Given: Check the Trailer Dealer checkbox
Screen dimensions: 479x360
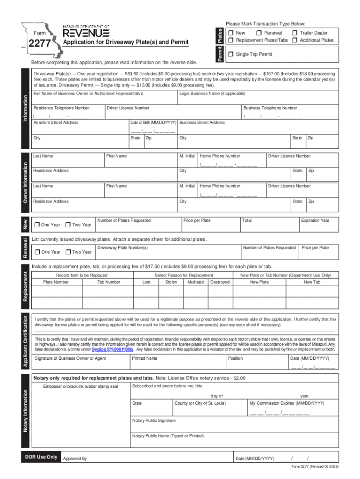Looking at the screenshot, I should click(x=295, y=33).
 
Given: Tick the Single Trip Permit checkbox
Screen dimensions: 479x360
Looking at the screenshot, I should click(x=231, y=54).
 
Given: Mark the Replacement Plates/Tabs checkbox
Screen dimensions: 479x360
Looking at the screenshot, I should click(x=231, y=40).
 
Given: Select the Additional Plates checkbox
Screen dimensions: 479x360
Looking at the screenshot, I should click(x=295, y=40).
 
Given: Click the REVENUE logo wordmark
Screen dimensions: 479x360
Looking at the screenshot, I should click(x=86, y=33).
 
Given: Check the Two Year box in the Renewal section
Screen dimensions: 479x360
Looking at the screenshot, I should click(x=68, y=252).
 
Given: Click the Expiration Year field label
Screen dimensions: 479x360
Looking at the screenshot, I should click(x=315, y=220).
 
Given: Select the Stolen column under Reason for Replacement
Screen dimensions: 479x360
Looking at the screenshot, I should click(x=171, y=282).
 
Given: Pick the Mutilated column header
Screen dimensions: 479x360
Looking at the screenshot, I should click(x=195, y=282).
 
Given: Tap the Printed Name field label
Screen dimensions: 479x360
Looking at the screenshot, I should click(x=144, y=358).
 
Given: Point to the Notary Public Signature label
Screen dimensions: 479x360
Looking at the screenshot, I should click(x=154, y=421).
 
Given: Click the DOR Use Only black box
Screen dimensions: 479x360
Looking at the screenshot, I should click(x=42, y=457).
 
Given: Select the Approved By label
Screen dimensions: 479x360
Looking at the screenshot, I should click(x=75, y=459).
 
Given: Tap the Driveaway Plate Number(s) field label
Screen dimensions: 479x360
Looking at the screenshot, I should click(x=122, y=247).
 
